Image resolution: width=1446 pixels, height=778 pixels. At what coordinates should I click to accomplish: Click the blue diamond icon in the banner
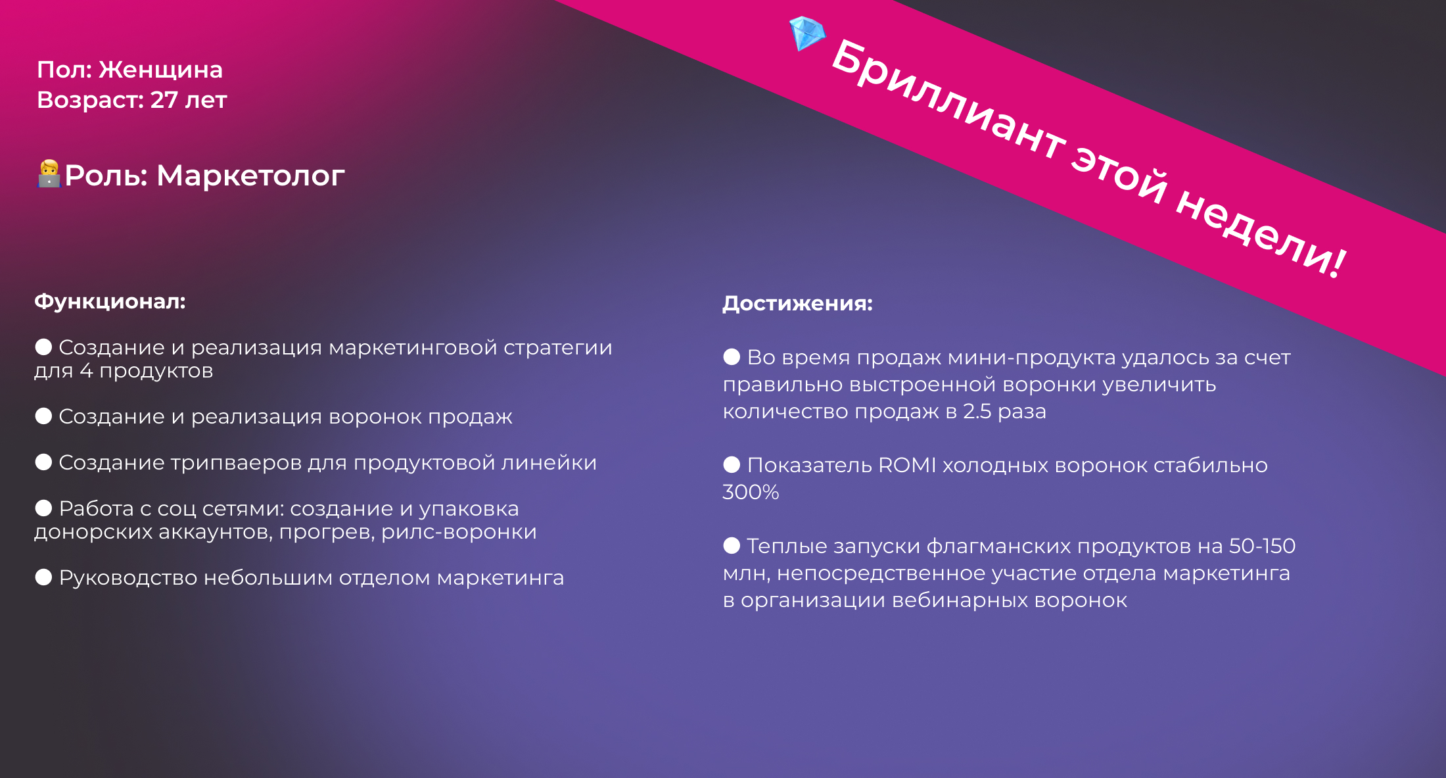(x=807, y=34)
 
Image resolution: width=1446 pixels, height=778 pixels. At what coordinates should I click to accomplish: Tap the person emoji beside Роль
(x=49, y=174)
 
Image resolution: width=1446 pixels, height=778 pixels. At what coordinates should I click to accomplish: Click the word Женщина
(x=161, y=70)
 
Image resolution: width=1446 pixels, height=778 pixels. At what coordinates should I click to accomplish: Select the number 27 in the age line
(x=164, y=100)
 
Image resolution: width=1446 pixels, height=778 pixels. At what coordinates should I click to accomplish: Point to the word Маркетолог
(x=250, y=176)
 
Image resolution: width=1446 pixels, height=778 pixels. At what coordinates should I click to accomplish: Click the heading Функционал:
(x=110, y=302)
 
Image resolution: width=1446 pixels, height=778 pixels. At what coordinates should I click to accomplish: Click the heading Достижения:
(x=797, y=303)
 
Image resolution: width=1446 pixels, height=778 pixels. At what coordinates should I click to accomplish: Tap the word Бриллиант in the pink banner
(x=948, y=99)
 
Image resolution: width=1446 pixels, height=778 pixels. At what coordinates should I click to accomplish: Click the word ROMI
(x=907, y=465)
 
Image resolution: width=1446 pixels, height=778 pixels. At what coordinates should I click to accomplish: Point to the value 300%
(x=751, y=492)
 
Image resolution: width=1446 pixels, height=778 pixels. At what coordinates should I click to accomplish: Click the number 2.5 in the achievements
(x=977, y=411)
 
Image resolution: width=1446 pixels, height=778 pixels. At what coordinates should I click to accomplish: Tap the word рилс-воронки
(x=459, y=531)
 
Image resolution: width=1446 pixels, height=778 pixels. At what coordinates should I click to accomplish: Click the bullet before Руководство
(x=43, y=577)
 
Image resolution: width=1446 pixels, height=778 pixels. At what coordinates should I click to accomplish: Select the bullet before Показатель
(x=732, y=465)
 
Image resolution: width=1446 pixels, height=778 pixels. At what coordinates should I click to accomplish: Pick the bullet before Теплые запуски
(x=732, y=545)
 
